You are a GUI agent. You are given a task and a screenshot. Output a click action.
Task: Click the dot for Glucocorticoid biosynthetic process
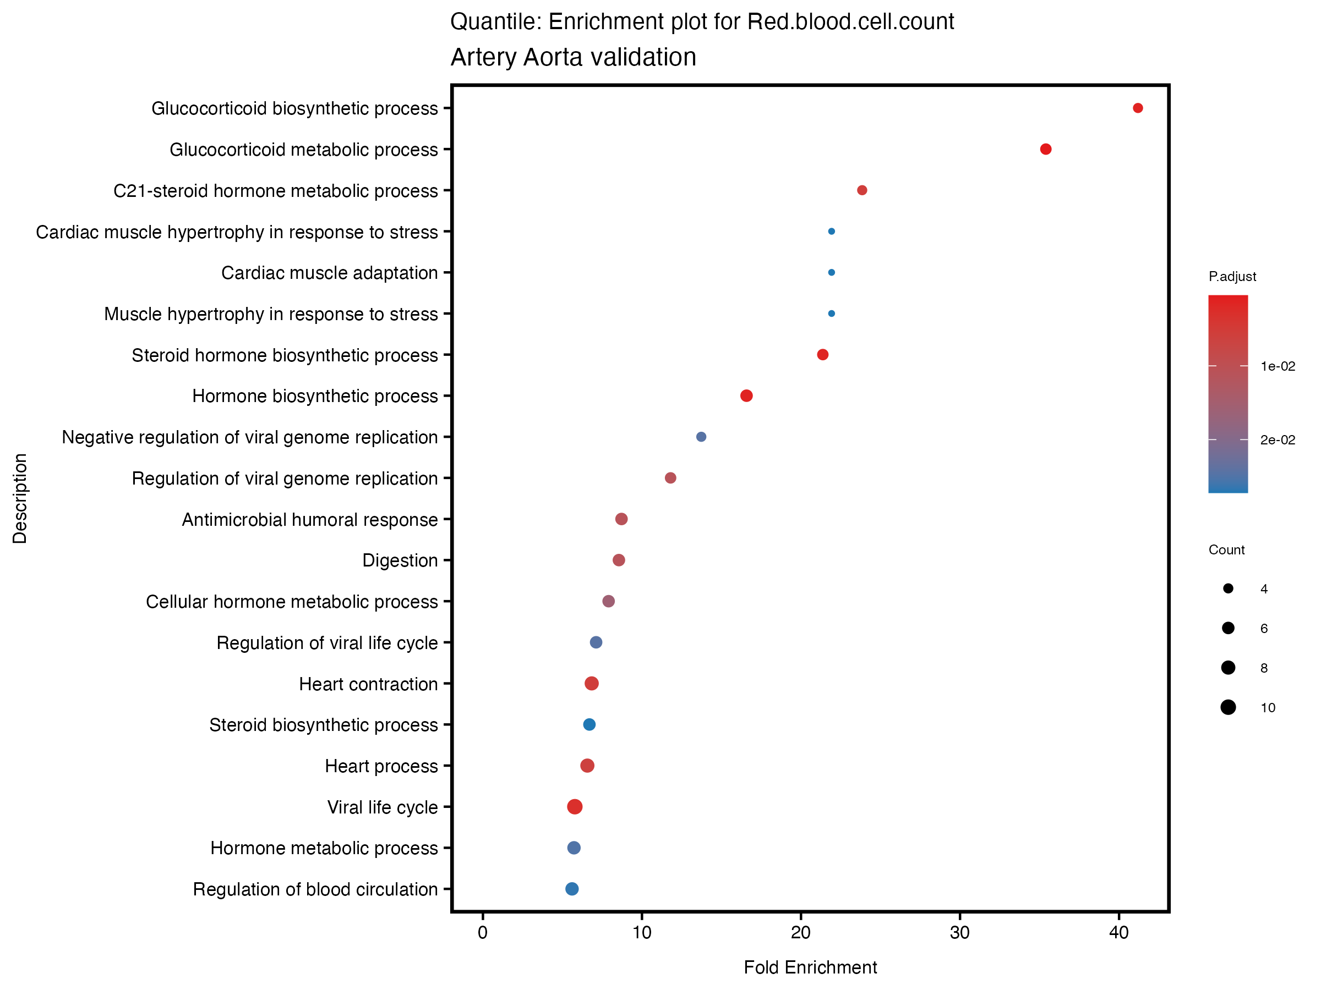1138,108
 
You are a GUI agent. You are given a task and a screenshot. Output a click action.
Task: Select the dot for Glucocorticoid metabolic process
1046,149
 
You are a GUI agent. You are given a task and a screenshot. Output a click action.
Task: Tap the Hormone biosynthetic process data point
746,395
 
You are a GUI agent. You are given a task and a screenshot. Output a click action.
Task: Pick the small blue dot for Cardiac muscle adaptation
831,273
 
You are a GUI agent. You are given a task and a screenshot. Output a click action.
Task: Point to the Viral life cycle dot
575,807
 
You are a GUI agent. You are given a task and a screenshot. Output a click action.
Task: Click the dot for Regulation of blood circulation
572,889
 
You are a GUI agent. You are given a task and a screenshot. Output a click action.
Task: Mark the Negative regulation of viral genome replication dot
701,437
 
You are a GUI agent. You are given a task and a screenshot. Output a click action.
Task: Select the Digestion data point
619,560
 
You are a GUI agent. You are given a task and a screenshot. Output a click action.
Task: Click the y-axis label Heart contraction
368,684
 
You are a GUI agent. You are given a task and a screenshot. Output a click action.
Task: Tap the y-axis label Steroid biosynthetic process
323,725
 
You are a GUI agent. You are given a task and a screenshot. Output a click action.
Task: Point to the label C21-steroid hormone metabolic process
275,191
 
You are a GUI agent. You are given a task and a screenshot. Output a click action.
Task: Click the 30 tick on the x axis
960,933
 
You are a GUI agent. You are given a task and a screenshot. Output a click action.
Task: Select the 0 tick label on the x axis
483,933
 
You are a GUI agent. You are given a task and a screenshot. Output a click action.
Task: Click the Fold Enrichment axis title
810,967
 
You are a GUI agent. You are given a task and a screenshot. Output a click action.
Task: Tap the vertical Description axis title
20,498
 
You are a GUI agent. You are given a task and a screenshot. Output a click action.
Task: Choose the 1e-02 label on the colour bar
1278,366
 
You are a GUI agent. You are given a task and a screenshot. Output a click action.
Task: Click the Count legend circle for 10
1228,708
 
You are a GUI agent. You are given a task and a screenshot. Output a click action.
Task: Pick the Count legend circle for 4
1228,589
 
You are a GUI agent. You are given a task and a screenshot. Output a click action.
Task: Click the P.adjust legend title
1232,276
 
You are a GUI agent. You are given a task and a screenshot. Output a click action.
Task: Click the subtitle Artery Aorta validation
574,57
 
